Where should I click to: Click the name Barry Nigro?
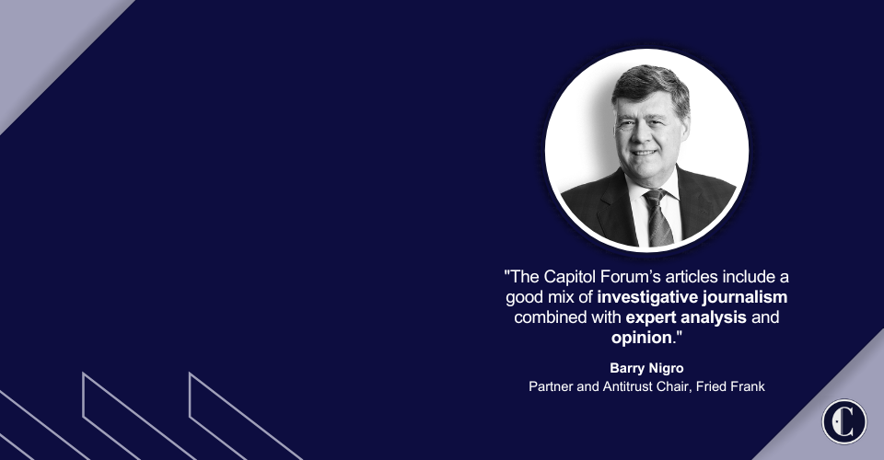[646, 368]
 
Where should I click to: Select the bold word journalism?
[744, 297]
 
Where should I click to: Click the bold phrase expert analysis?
[686, 317]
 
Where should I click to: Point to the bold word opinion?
[642, 338]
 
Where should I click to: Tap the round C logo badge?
[844, 421]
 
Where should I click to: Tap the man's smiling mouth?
[644, 153]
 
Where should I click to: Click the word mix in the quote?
[562, 297]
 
